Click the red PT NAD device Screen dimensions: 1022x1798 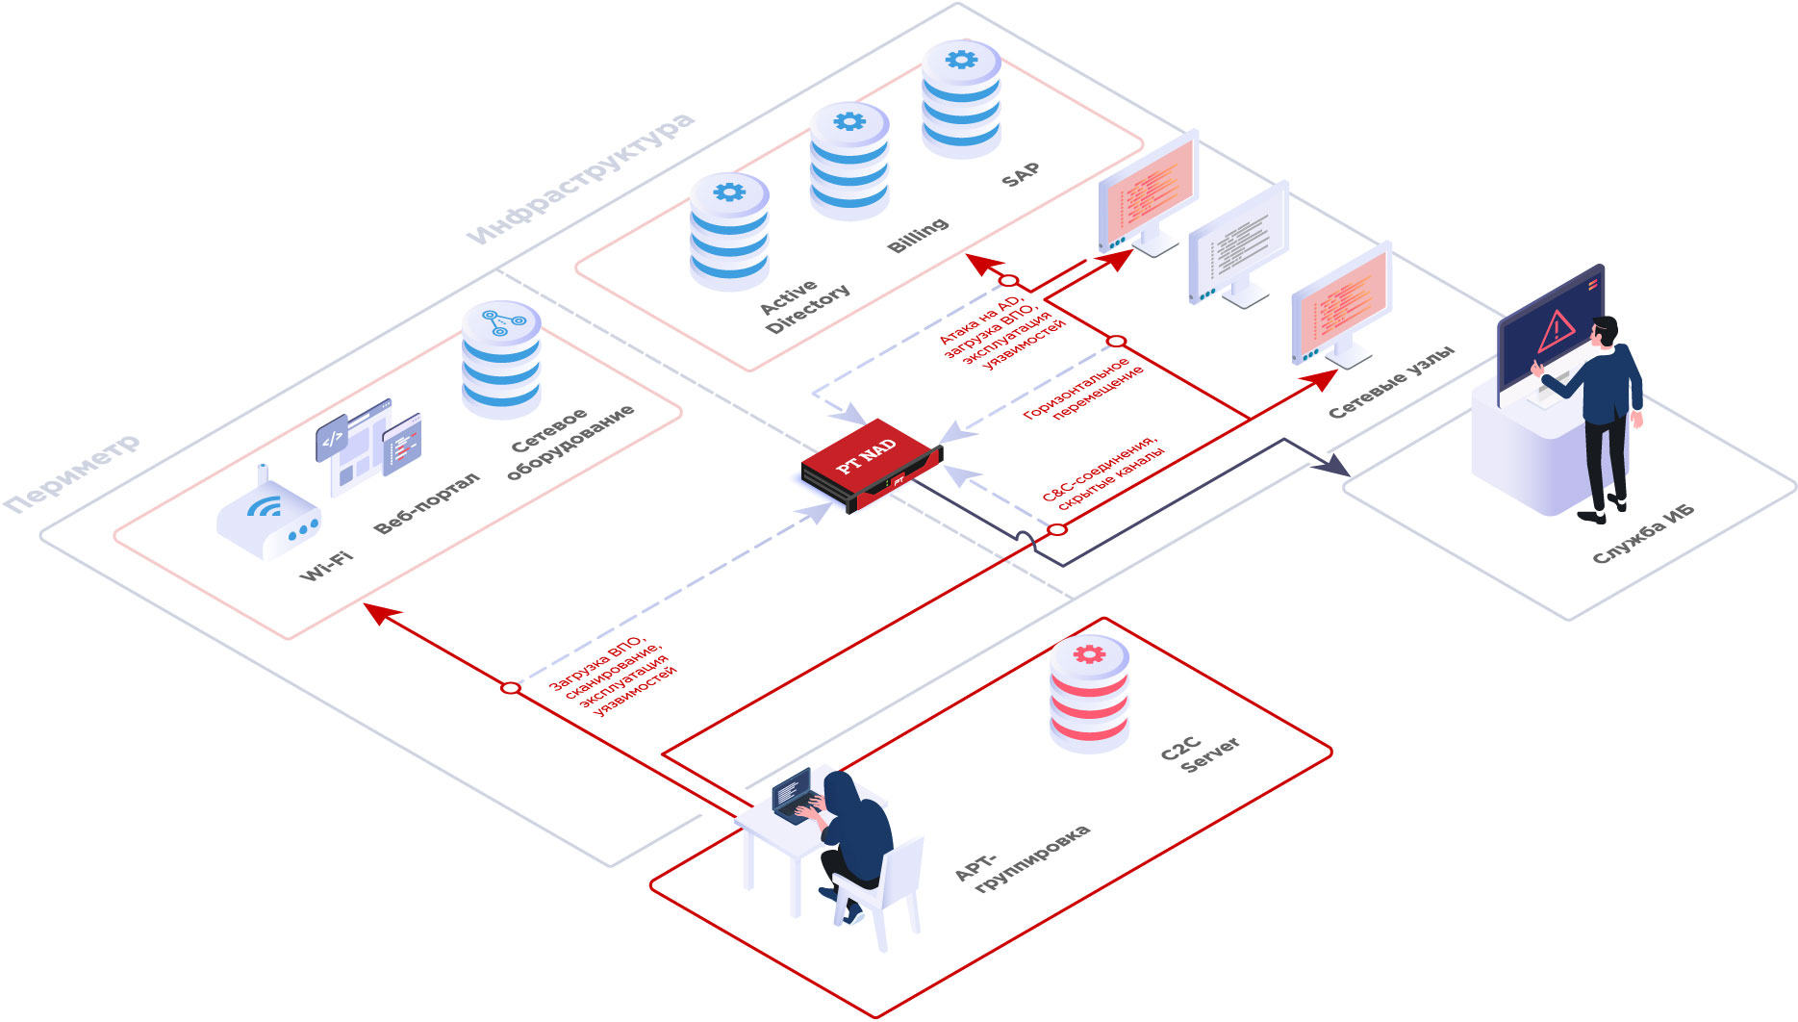870,465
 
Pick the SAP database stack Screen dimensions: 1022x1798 961,100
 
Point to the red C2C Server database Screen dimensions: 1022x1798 1089,695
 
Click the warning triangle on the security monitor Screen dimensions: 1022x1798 1556,331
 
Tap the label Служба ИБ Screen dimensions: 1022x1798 1643,534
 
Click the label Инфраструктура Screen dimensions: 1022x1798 581,179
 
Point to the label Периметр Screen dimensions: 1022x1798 72,473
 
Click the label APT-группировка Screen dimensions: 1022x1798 1023,856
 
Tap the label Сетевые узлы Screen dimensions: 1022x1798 1391,382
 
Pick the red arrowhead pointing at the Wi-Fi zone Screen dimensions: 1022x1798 379,612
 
